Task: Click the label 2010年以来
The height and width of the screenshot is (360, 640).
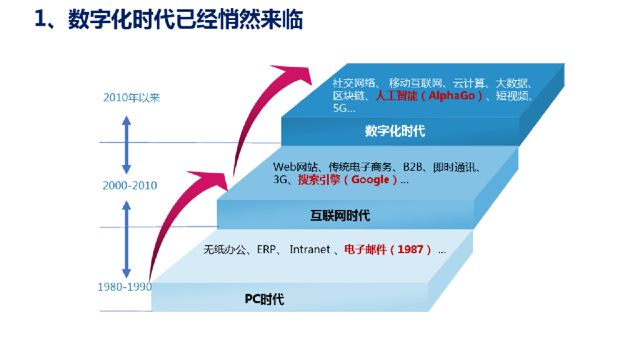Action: (x=131, y=97)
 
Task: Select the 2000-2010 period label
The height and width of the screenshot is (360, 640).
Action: (x=130, y=186)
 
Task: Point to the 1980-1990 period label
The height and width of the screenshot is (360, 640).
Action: (x=124, y=287)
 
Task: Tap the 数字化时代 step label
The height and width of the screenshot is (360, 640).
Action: (x=395, y=131)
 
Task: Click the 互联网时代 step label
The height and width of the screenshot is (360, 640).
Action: (x=340, y=216)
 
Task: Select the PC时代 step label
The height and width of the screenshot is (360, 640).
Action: (x=264, y=299)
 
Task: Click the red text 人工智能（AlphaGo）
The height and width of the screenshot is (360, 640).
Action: (x=429, y=96)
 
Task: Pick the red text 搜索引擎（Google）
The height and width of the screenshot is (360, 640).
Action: (x=347, y=180)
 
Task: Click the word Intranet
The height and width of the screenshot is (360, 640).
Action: (x=309, y=250)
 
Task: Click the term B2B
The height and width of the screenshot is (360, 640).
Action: (x=413, y=167)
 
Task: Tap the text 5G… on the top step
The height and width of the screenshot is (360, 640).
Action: (x=344, y=108)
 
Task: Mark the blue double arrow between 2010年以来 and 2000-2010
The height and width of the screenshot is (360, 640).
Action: (x=126, y=144)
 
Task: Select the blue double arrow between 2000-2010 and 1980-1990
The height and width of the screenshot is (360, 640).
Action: (x=126, y=238)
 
